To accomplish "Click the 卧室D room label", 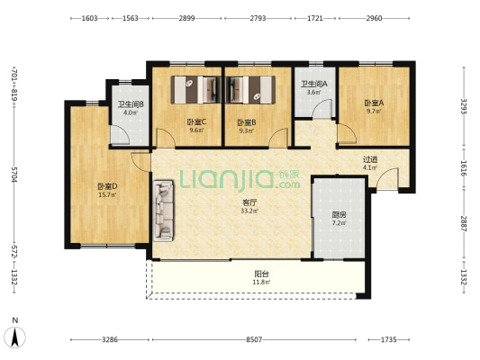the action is click(107, 186).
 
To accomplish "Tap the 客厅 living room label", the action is click(249, 202).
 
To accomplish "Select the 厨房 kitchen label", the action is click(339, 215).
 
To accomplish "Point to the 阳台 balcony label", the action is click(261, 274).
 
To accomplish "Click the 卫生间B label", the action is click(131, 104).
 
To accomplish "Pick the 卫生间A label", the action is click(314, 84).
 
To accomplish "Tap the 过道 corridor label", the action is click(370, 159).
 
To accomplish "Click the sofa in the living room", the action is click(163, 211).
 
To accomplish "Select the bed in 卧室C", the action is click(196, 90).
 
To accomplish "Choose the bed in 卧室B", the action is click(250, 90).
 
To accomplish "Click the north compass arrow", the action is click(15, 337).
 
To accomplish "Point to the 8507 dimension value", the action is click(254, 339).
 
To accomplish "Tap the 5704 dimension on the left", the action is click(14, 175).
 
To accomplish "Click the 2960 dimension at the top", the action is click(374, 18).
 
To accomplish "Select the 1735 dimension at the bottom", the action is click(388, 339).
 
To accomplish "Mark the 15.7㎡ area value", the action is click(107, 194).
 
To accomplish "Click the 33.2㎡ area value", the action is click(249, 211).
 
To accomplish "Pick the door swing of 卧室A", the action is click(347, 134).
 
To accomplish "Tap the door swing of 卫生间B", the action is click(120, 135).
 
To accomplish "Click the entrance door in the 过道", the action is click(387, 178).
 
